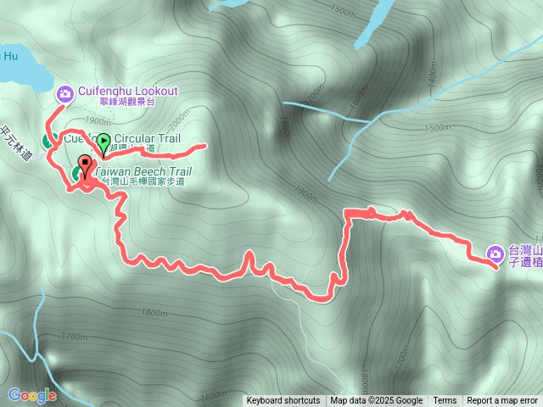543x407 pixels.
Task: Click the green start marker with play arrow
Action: pos(104,142)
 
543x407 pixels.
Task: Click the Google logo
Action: pos(32,395)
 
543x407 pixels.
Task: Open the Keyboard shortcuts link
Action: pos(283,401)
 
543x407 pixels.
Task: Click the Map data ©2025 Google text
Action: pos(377,401)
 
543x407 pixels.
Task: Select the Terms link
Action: pos(445,401)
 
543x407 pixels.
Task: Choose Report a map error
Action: pos(502,401)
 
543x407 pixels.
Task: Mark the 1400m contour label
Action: pos(432,79)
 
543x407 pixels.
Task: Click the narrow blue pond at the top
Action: pos(367,30)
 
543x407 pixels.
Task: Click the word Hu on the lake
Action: pos(9,57)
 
